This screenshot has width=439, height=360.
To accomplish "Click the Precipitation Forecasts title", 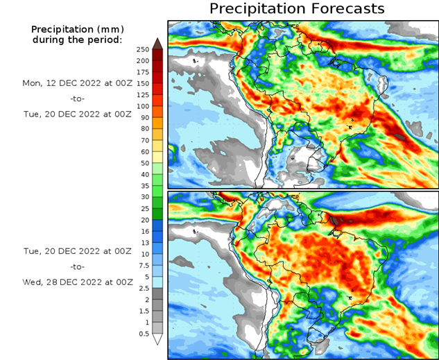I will coord(296,9).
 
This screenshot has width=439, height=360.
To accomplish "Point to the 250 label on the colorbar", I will coord(143,49).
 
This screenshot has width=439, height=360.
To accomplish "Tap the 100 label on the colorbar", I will coord(143,106).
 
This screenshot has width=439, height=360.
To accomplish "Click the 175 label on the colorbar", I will coord(143,72).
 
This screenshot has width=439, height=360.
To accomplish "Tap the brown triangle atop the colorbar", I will coord(157,43).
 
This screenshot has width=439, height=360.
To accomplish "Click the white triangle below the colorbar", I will coord(157,339).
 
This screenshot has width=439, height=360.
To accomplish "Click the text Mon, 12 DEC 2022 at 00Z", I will coord(77,83).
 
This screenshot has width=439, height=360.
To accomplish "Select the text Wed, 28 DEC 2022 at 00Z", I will coord(77,282).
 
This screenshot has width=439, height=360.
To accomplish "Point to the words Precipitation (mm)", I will coord(76,29).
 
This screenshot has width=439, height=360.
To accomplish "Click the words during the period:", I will coord(76,40).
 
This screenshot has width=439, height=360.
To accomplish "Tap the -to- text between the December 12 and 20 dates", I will coord(77,98).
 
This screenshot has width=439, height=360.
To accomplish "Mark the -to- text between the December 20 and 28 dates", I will coord(77,266).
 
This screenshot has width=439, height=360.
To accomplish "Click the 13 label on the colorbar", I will coord(144,243).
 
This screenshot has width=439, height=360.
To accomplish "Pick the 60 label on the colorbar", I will coord(144,151).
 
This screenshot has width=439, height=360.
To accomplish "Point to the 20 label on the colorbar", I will coord(144,220).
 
